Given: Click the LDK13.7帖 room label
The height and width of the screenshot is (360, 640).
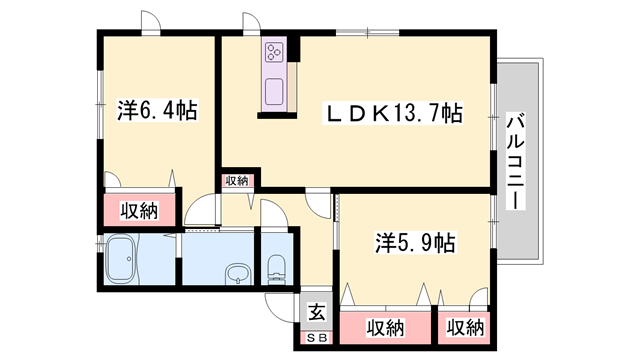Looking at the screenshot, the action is [x=393, y=113].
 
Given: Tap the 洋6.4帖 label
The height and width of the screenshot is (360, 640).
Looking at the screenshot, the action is [x=158, y=110].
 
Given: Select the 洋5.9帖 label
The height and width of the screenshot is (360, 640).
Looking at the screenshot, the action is [x=415, y=243].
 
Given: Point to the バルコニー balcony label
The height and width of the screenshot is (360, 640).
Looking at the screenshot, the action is [x=516, y=161].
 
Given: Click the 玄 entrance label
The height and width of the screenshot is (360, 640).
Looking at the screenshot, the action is [x=317, y=312].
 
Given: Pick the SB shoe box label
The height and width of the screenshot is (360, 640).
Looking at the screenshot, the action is [x=317, y=338].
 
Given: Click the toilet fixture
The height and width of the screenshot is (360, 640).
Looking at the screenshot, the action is [x=276, y=270].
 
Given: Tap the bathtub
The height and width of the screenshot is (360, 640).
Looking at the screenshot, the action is [x=121, y=260].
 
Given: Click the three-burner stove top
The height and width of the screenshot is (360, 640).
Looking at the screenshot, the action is [x=274, y=51].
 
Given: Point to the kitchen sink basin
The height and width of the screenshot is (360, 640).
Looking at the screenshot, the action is [x=274, y=92].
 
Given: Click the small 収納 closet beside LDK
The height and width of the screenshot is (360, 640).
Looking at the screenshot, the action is [x=237, y=181].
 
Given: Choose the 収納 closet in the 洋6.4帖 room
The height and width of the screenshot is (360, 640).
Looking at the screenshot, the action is [x=139, y=210].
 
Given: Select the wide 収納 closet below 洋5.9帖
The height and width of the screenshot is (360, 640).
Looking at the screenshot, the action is [x=385, y=328].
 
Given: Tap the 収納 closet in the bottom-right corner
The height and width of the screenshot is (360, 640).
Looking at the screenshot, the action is [x=465, y=328].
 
